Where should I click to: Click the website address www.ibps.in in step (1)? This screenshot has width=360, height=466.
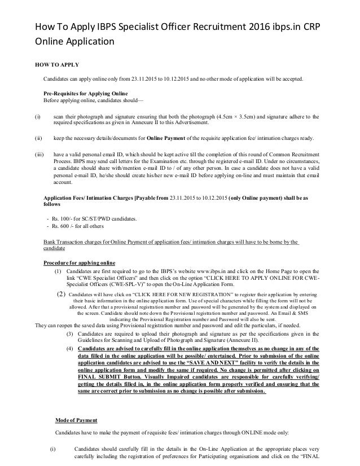[x=208, y=271]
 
